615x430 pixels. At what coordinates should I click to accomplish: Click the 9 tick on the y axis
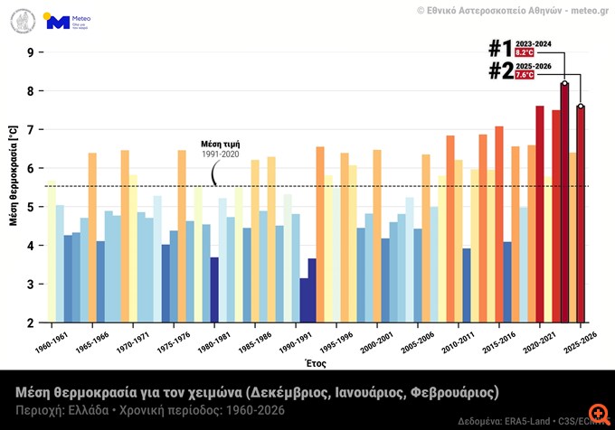coord(30,52)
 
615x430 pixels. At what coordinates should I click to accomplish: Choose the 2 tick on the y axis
coord(30,322)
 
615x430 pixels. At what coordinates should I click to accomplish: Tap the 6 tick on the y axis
coord(30,168)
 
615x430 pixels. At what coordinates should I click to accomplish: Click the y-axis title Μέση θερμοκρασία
coord(14,188)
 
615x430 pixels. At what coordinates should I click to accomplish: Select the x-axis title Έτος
coord(315,363)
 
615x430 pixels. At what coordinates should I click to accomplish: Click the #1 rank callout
coord(500,49)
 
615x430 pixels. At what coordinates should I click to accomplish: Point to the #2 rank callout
coord(500,71)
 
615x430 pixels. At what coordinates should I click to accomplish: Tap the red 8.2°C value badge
coord(525,53)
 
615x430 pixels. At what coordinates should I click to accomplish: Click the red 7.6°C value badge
coord(525,76)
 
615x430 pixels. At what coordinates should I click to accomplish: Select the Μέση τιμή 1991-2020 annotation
coord(220,149)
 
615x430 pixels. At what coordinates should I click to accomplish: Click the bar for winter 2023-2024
coord(564,202)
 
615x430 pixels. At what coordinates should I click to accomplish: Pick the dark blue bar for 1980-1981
coord(214,290)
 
